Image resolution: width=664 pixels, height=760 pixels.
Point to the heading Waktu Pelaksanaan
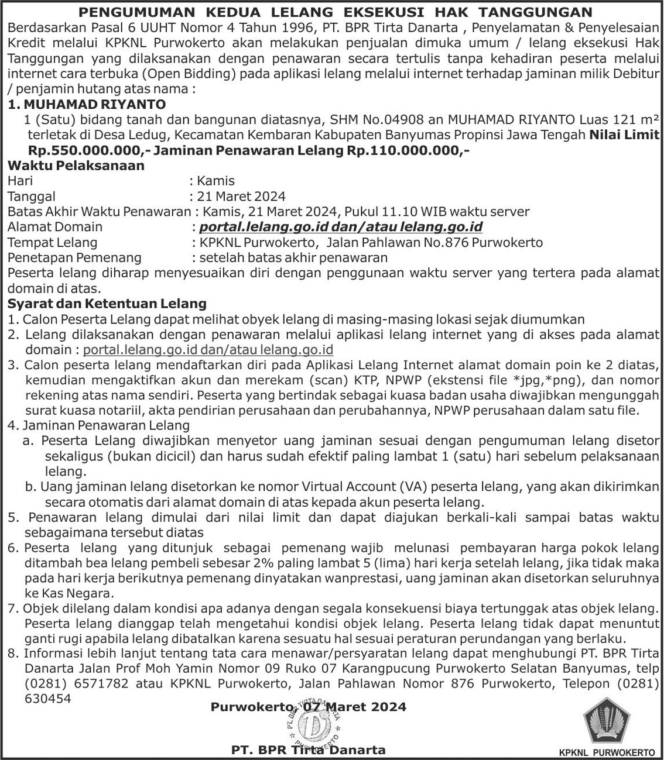(76, 166)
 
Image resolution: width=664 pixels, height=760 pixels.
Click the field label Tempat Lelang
(53, 242)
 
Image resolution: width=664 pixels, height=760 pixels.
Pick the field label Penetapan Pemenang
(74, 257)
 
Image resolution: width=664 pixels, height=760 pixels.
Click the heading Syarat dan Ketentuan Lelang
(107, 304)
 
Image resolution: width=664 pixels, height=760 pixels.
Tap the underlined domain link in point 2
(208, 350)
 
